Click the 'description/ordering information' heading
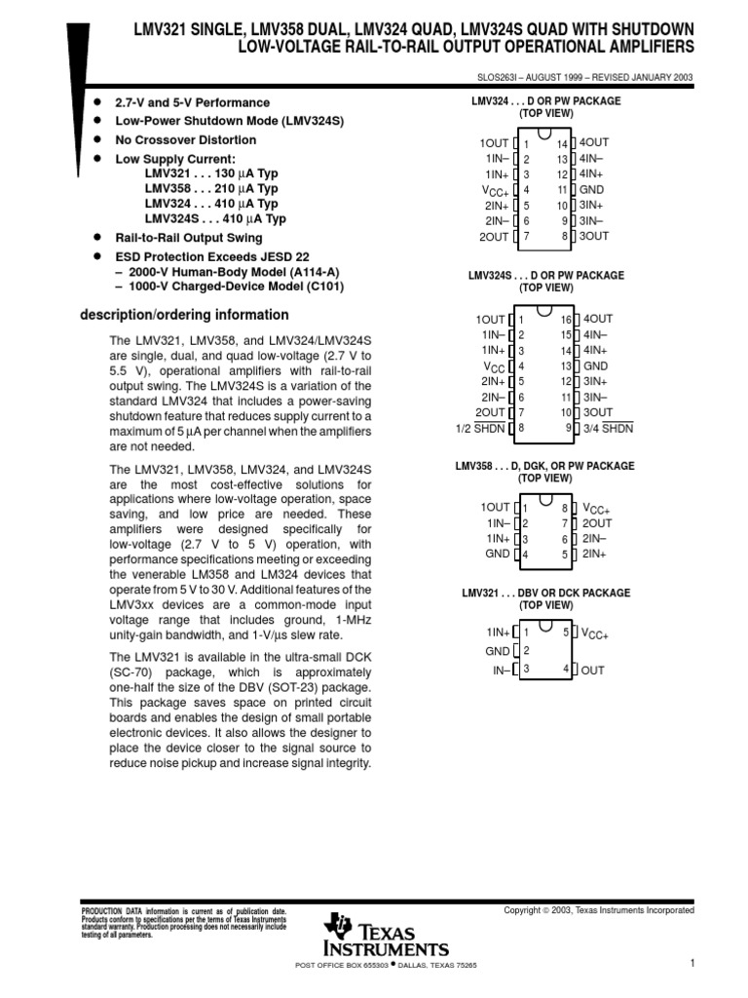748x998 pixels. coord(183,315)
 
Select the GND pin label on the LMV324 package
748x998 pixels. coord(594,190)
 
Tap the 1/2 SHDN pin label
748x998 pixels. coord(481,428)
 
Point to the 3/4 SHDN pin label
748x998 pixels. coord(605,428)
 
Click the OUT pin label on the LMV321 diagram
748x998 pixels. coord(593,670)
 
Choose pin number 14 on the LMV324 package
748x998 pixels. coord(562,143)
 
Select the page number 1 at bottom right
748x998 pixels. coord(690,964)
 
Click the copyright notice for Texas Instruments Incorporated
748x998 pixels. coord(598,910)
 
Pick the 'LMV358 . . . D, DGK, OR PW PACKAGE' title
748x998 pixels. coord(544,467)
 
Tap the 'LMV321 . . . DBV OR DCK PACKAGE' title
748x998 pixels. coord(545,594)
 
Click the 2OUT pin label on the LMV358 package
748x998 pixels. coord(597,523)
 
